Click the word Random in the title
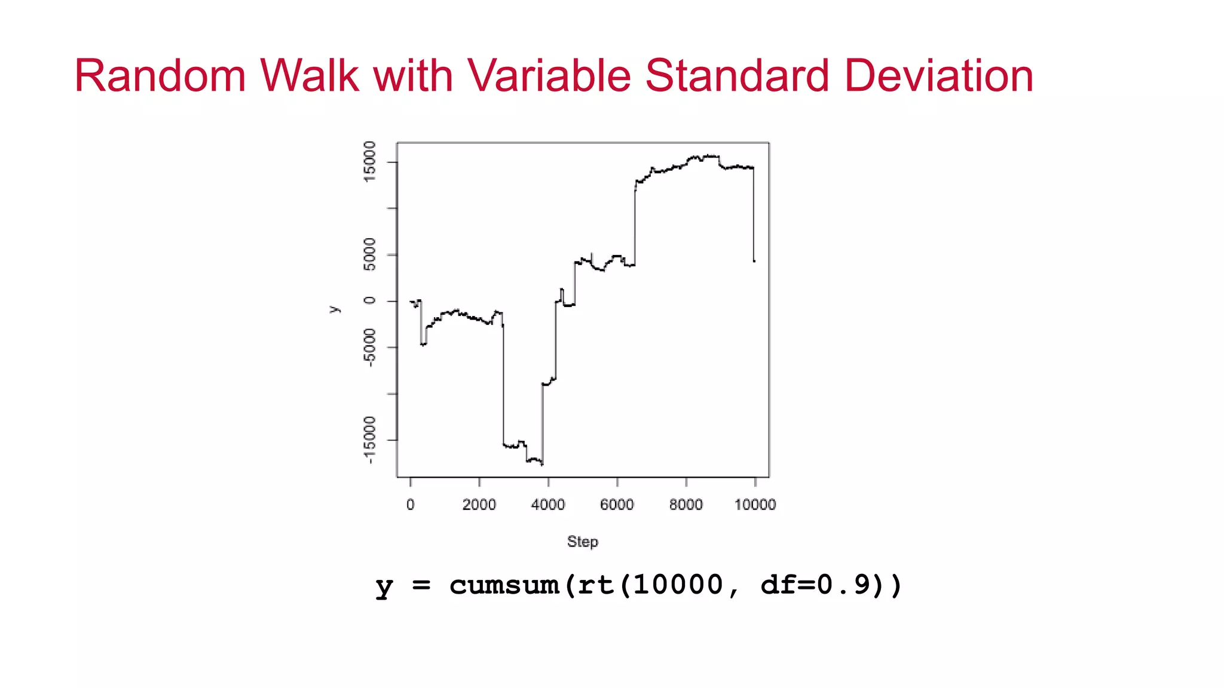(160, 76)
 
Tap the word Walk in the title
(309, 76)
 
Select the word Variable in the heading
(549, 76)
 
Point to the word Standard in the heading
(737, 76)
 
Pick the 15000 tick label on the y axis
(370, 161)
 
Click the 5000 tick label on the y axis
(370, 254)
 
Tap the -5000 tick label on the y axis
(370, 347)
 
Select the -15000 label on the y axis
(370, 440)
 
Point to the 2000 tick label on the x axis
(479, 505)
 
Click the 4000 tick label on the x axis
(547, 505)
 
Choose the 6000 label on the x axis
(617, 505)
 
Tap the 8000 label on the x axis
(686, 505)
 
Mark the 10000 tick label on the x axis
(755, 505)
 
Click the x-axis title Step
(582, 542)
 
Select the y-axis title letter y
(334, 309)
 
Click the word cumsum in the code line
(504, 585)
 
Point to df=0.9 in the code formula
(816, 585)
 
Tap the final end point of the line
(754, 261)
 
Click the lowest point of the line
(542, 464)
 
